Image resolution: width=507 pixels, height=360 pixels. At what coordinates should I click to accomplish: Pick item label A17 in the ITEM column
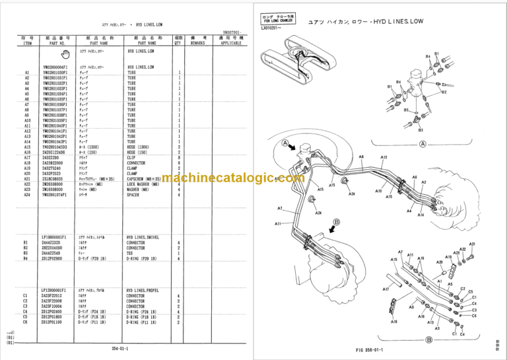click(27, 158)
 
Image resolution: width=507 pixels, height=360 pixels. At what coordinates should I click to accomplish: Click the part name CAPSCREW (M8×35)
click(146, 179)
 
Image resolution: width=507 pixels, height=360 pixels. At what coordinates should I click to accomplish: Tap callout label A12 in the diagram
click(384, 157)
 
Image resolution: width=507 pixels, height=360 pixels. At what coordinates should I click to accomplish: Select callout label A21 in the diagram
click(472, 244)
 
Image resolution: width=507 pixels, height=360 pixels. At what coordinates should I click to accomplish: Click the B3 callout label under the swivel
click(421, 130)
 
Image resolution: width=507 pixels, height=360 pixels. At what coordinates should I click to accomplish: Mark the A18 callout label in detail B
click(393, 322)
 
